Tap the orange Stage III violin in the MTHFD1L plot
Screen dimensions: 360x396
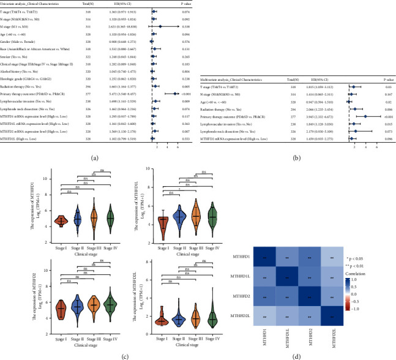(x=195, y=217)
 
